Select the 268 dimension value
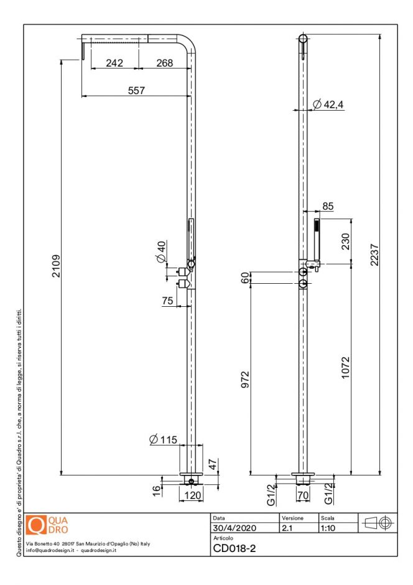point(165,63)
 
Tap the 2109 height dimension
point(55,266)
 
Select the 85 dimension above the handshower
point(327,206)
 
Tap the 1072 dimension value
point(346,371)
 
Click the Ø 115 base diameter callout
point(164,440)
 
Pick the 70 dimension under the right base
point(304,496)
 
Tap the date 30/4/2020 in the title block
point(230,528)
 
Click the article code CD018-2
point(234,548)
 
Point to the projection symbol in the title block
point(377,523)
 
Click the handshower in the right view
point(317,240)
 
